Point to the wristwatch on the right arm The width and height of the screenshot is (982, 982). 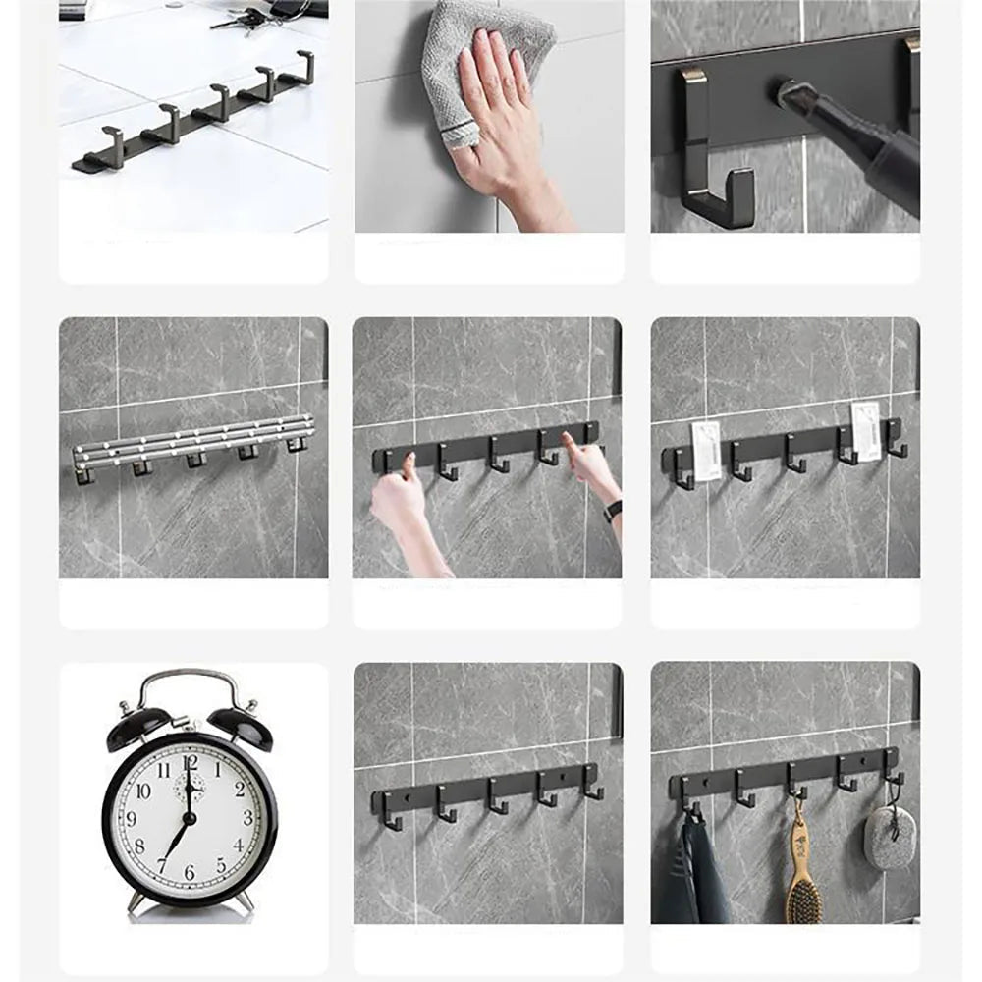coord(613,511)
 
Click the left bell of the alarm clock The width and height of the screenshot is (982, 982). coord(138,726)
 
